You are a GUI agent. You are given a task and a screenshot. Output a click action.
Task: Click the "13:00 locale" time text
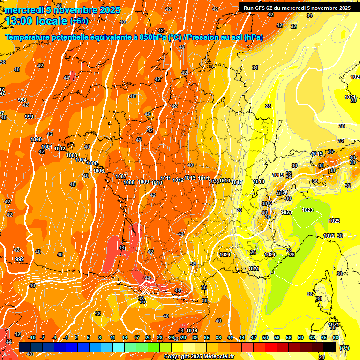pyautogui.click(x=36, y=21)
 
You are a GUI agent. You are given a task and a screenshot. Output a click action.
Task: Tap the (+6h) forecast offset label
pyautogui.click(x=79, y=21)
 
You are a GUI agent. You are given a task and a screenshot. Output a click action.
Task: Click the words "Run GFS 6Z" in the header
pyautogui.click(x=258, y=7)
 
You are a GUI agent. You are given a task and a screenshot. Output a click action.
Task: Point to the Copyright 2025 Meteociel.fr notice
pyautogui.click(x=199, y=357)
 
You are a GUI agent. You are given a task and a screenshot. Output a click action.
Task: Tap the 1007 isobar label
pyautogui.click(x=121, y=177)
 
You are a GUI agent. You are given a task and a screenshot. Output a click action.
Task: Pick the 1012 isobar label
pyautogui.click(x=178, y=180)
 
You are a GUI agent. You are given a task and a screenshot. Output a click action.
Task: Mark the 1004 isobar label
pyautogui.click(x=82, y=160)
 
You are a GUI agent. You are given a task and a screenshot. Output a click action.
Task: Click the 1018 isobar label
pyautogui.click(x=259, y=181)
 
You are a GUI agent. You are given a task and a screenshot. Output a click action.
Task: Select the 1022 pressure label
pyautogui.click(x=329, y=236)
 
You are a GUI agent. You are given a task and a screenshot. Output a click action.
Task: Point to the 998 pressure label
pyautogui.click(x=22, y=100)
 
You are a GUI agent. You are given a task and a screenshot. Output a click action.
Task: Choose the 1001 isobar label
pyautogui.click(x=46, y=147)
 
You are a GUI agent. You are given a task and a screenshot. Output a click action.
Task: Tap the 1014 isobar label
pyautogui.click(x=203, y=179)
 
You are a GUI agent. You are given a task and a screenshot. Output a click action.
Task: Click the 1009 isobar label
pyautogui.click(x=143, y=182)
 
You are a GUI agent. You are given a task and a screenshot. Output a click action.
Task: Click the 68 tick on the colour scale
pyautogui.click(x=336, y=337)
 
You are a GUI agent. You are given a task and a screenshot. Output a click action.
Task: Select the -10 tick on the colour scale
pyautogui.click(x=32, y=337)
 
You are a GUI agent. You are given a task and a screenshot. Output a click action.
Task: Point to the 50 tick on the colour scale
pyautogui.click(x=265, y=337)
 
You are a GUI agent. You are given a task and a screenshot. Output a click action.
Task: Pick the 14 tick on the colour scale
pyautogui.click(x=125, y=337)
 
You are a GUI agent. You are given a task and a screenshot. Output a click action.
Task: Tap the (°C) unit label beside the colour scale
pyautogui.click(x=345, y=348)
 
